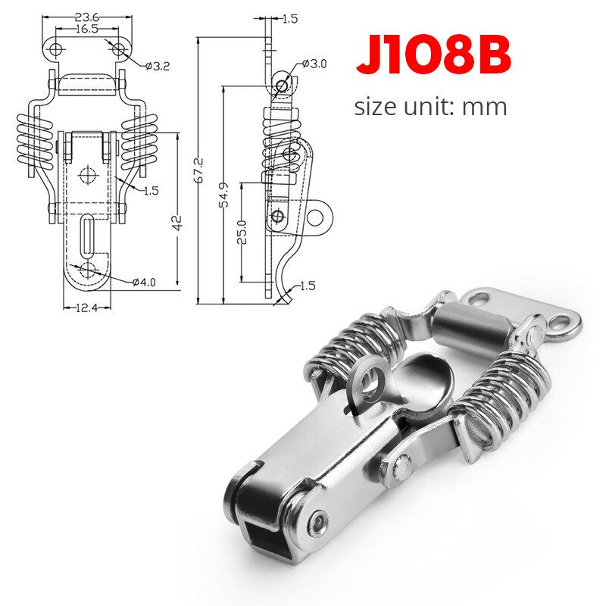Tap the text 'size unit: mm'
click(430, 106)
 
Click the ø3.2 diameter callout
click(157, 66)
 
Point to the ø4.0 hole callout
click(143, 283)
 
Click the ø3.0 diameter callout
click(313, 64)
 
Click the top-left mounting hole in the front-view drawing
click(55, 49)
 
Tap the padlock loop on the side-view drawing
click(318, 219)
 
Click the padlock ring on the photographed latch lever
click(370, 384)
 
